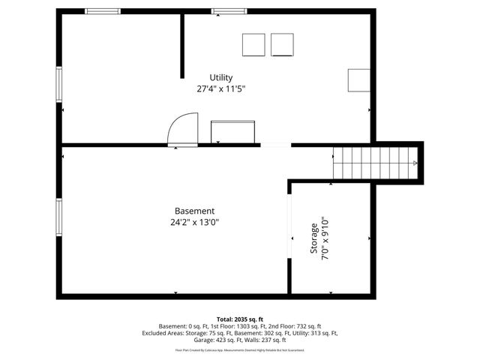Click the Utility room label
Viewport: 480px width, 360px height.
click(x=221, y=77)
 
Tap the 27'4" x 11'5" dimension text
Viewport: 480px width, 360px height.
click(x=221, y=88)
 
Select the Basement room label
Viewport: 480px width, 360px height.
click(x=194, y=211)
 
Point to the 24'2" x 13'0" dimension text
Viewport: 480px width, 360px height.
click(x=194, y=222)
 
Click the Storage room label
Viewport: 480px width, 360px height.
click(x=314, y=239)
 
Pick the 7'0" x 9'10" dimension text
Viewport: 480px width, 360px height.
click(x=325, y=239)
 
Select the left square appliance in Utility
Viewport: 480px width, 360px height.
click(x=253, y=45)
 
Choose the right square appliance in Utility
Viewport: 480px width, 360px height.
click(x=283, y=45)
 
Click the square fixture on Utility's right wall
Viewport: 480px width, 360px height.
click(x=358, y=79)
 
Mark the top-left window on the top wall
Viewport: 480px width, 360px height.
click(x=102, y=11)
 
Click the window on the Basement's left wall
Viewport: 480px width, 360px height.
click(x=59, y=217)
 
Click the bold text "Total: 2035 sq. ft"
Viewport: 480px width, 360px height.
click(x=240, y=319)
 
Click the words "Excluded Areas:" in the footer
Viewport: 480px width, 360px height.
click(x=163, y=333)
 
